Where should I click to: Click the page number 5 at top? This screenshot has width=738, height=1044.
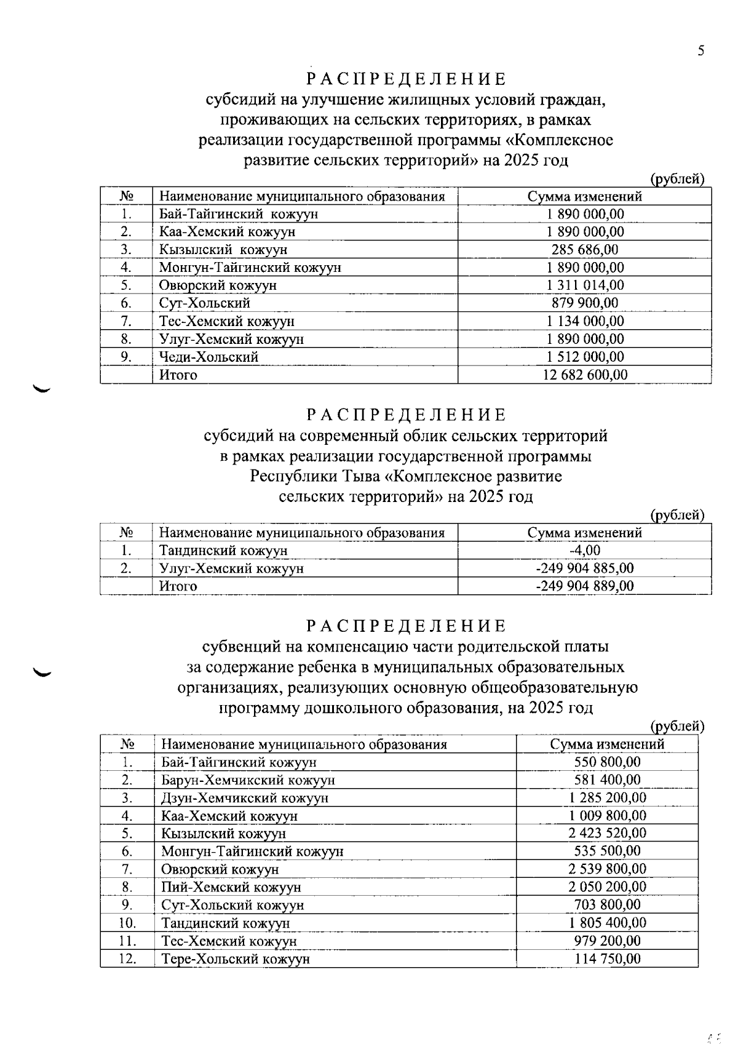[x=700, y=51]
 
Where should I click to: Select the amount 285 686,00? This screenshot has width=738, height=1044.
[x=585, y=250]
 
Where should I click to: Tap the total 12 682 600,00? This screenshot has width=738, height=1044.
[x=585, y=375]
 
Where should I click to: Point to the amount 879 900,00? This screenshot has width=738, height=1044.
[x=585, y=303]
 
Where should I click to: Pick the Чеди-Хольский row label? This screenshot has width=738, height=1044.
[x=208, y=357]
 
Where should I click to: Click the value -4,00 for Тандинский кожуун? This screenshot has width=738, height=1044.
[x=585, y=551]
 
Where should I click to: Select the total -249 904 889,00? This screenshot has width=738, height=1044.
[x=585, y=586]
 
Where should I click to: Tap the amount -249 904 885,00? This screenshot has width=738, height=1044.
[x=585, y=568]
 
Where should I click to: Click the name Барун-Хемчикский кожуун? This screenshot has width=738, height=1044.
[x=248, y=780]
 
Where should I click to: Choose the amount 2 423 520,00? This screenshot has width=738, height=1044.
[x=607, y=834]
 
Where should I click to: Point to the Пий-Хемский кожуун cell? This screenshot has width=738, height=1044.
[x=231, y=887]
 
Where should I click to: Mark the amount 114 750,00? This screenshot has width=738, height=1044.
[x=607, y=959]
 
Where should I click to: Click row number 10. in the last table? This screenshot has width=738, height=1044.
[x=127, y=923]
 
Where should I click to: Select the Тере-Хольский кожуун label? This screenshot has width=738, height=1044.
[x=235, y=959]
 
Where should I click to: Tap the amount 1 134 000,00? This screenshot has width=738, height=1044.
[x=585, y=321]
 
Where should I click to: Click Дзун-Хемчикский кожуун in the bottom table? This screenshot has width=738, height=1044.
[x=245, y=798]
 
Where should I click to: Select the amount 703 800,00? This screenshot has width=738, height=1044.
[x=607, y=905]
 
